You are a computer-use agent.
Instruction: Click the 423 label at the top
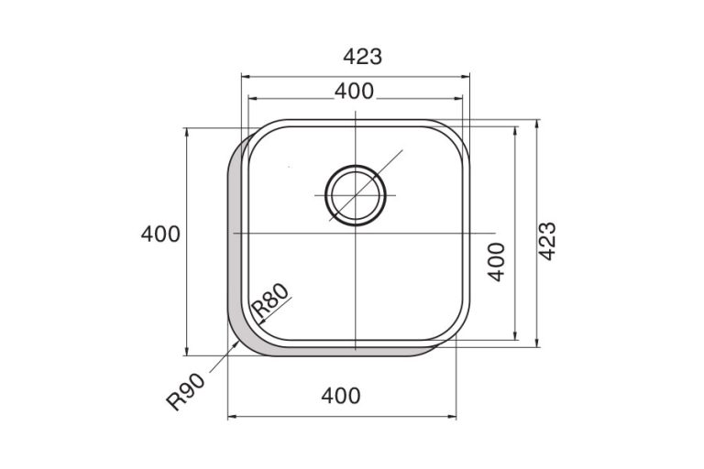[362, 57]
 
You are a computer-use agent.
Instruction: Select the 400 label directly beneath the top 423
[354, 92]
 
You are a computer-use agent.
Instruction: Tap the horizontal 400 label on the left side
[160, 234]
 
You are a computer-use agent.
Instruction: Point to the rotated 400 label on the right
[497, 262]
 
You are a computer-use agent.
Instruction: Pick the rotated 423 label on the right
[547, 241]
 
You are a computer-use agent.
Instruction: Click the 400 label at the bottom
[341, 396]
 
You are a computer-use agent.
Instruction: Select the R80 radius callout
[269, 300]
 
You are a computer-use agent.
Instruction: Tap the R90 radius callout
[185, 392]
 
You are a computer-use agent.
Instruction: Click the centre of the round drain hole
[355, 195]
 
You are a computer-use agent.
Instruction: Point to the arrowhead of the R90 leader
[236, 343]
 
